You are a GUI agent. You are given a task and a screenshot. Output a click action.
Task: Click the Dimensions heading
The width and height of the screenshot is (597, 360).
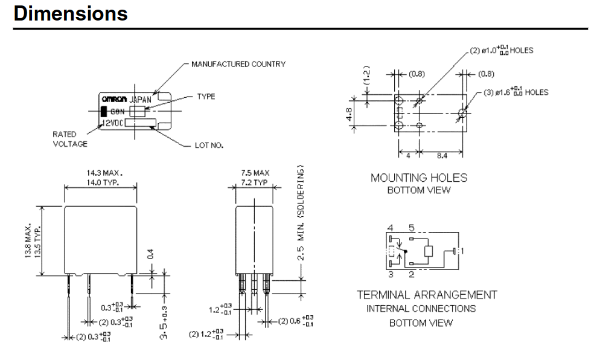tap(71, 13)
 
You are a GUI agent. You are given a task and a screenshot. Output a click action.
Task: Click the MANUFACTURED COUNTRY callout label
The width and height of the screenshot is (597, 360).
tap(238, 64)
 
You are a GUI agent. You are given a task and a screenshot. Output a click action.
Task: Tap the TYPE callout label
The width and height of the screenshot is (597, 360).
tap(206, 97)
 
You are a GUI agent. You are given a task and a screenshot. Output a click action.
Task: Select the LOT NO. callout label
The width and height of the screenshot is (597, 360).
tap(210, 146)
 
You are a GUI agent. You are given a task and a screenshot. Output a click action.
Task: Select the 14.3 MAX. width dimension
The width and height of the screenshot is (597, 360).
tap(101, 173)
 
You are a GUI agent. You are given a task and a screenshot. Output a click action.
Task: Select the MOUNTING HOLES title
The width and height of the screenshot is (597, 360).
tap(419, 178)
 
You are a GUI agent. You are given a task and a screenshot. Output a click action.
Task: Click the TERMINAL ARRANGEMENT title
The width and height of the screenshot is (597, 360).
tap(427, 295)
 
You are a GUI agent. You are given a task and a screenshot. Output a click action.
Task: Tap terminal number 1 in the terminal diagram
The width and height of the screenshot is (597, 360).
tap(462, 250)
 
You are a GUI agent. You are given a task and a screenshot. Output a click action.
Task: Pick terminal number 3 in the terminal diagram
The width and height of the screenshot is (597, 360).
tap(391, 274)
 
